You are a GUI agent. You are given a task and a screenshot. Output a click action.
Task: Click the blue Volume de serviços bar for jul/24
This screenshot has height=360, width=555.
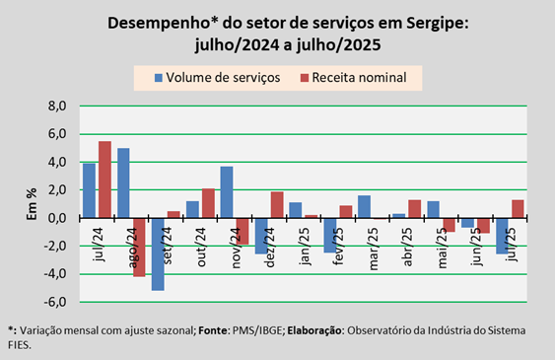(89, 190)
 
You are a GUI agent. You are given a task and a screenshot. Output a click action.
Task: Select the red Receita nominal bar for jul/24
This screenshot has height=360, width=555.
(104, 180)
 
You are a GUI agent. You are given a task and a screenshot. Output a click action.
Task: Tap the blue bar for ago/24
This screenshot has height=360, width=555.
(123, 183)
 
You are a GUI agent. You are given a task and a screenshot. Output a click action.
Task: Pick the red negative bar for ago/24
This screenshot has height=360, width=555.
(139, 248)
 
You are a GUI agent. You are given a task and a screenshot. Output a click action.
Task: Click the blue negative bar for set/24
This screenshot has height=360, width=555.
(158, 254)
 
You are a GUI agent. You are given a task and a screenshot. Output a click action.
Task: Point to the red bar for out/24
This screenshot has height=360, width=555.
(208, 203)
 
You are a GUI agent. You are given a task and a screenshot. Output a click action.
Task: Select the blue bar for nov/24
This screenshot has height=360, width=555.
(227, 192)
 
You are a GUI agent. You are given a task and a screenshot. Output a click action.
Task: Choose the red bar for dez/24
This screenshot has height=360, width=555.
(277, 204)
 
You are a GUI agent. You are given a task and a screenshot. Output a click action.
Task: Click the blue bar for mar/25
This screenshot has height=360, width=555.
(364, 207)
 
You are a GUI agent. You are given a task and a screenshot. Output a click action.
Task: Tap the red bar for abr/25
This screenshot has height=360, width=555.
(414, 209)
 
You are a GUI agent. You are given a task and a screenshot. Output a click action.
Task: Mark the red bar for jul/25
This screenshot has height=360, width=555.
(518, 209)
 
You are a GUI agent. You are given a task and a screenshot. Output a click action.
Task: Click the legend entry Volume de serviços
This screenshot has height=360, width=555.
(217, 78)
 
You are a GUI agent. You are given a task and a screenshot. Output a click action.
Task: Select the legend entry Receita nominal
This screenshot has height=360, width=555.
(354, 78)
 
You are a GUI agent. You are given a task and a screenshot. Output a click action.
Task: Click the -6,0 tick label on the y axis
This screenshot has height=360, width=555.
(55, 302)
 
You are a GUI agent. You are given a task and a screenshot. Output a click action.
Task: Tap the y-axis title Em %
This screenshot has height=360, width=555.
(32, 204)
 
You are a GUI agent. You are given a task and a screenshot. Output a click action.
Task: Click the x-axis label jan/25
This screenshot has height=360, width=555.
(306, 247)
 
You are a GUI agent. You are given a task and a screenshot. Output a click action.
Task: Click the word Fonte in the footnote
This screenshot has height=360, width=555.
(213, 330)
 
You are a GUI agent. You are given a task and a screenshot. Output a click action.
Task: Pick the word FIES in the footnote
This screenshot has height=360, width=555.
(19, 345)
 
